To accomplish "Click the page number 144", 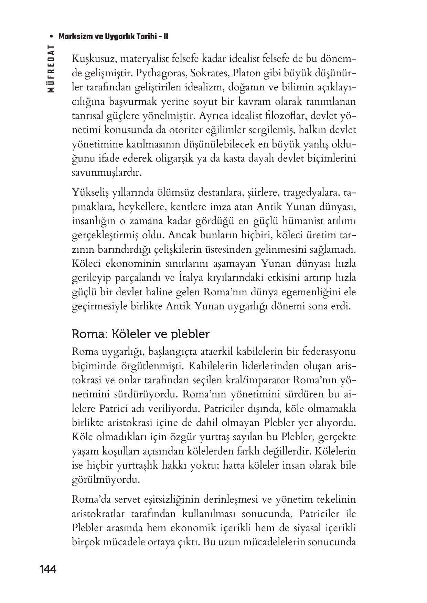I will [48, 569].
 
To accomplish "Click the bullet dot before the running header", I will [51, 36].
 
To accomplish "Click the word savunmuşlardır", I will [107, 173].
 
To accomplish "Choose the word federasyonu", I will [329, 352].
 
